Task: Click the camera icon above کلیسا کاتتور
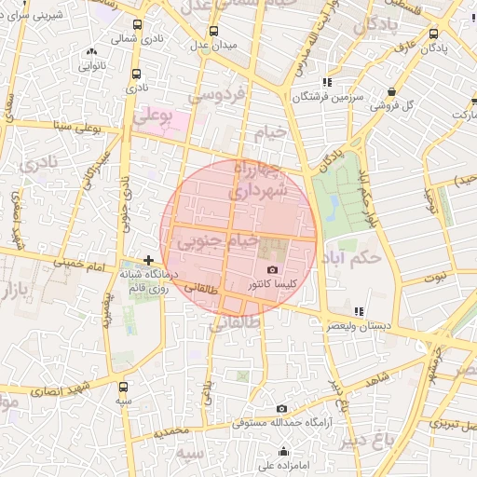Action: [x=272, y=268]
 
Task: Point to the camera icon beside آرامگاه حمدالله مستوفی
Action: [x=281, y=409]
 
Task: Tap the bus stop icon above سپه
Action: [x=124, y=386]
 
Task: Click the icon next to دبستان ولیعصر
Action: [x=359, y=311]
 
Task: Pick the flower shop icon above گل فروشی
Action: [x=391, y=91]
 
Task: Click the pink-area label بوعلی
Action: [x=154, y=116]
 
